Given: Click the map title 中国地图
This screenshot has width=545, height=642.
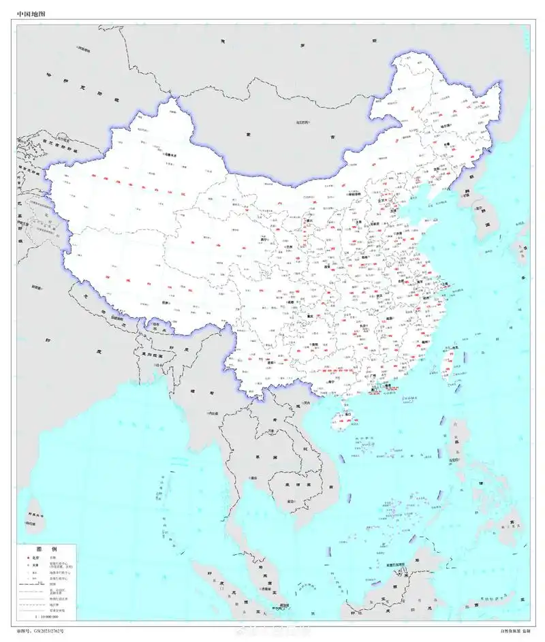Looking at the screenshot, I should (31, 13).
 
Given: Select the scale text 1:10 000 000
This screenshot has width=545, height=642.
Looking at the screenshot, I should (46, 616).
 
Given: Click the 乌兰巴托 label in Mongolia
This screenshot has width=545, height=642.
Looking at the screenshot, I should (302, 123).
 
